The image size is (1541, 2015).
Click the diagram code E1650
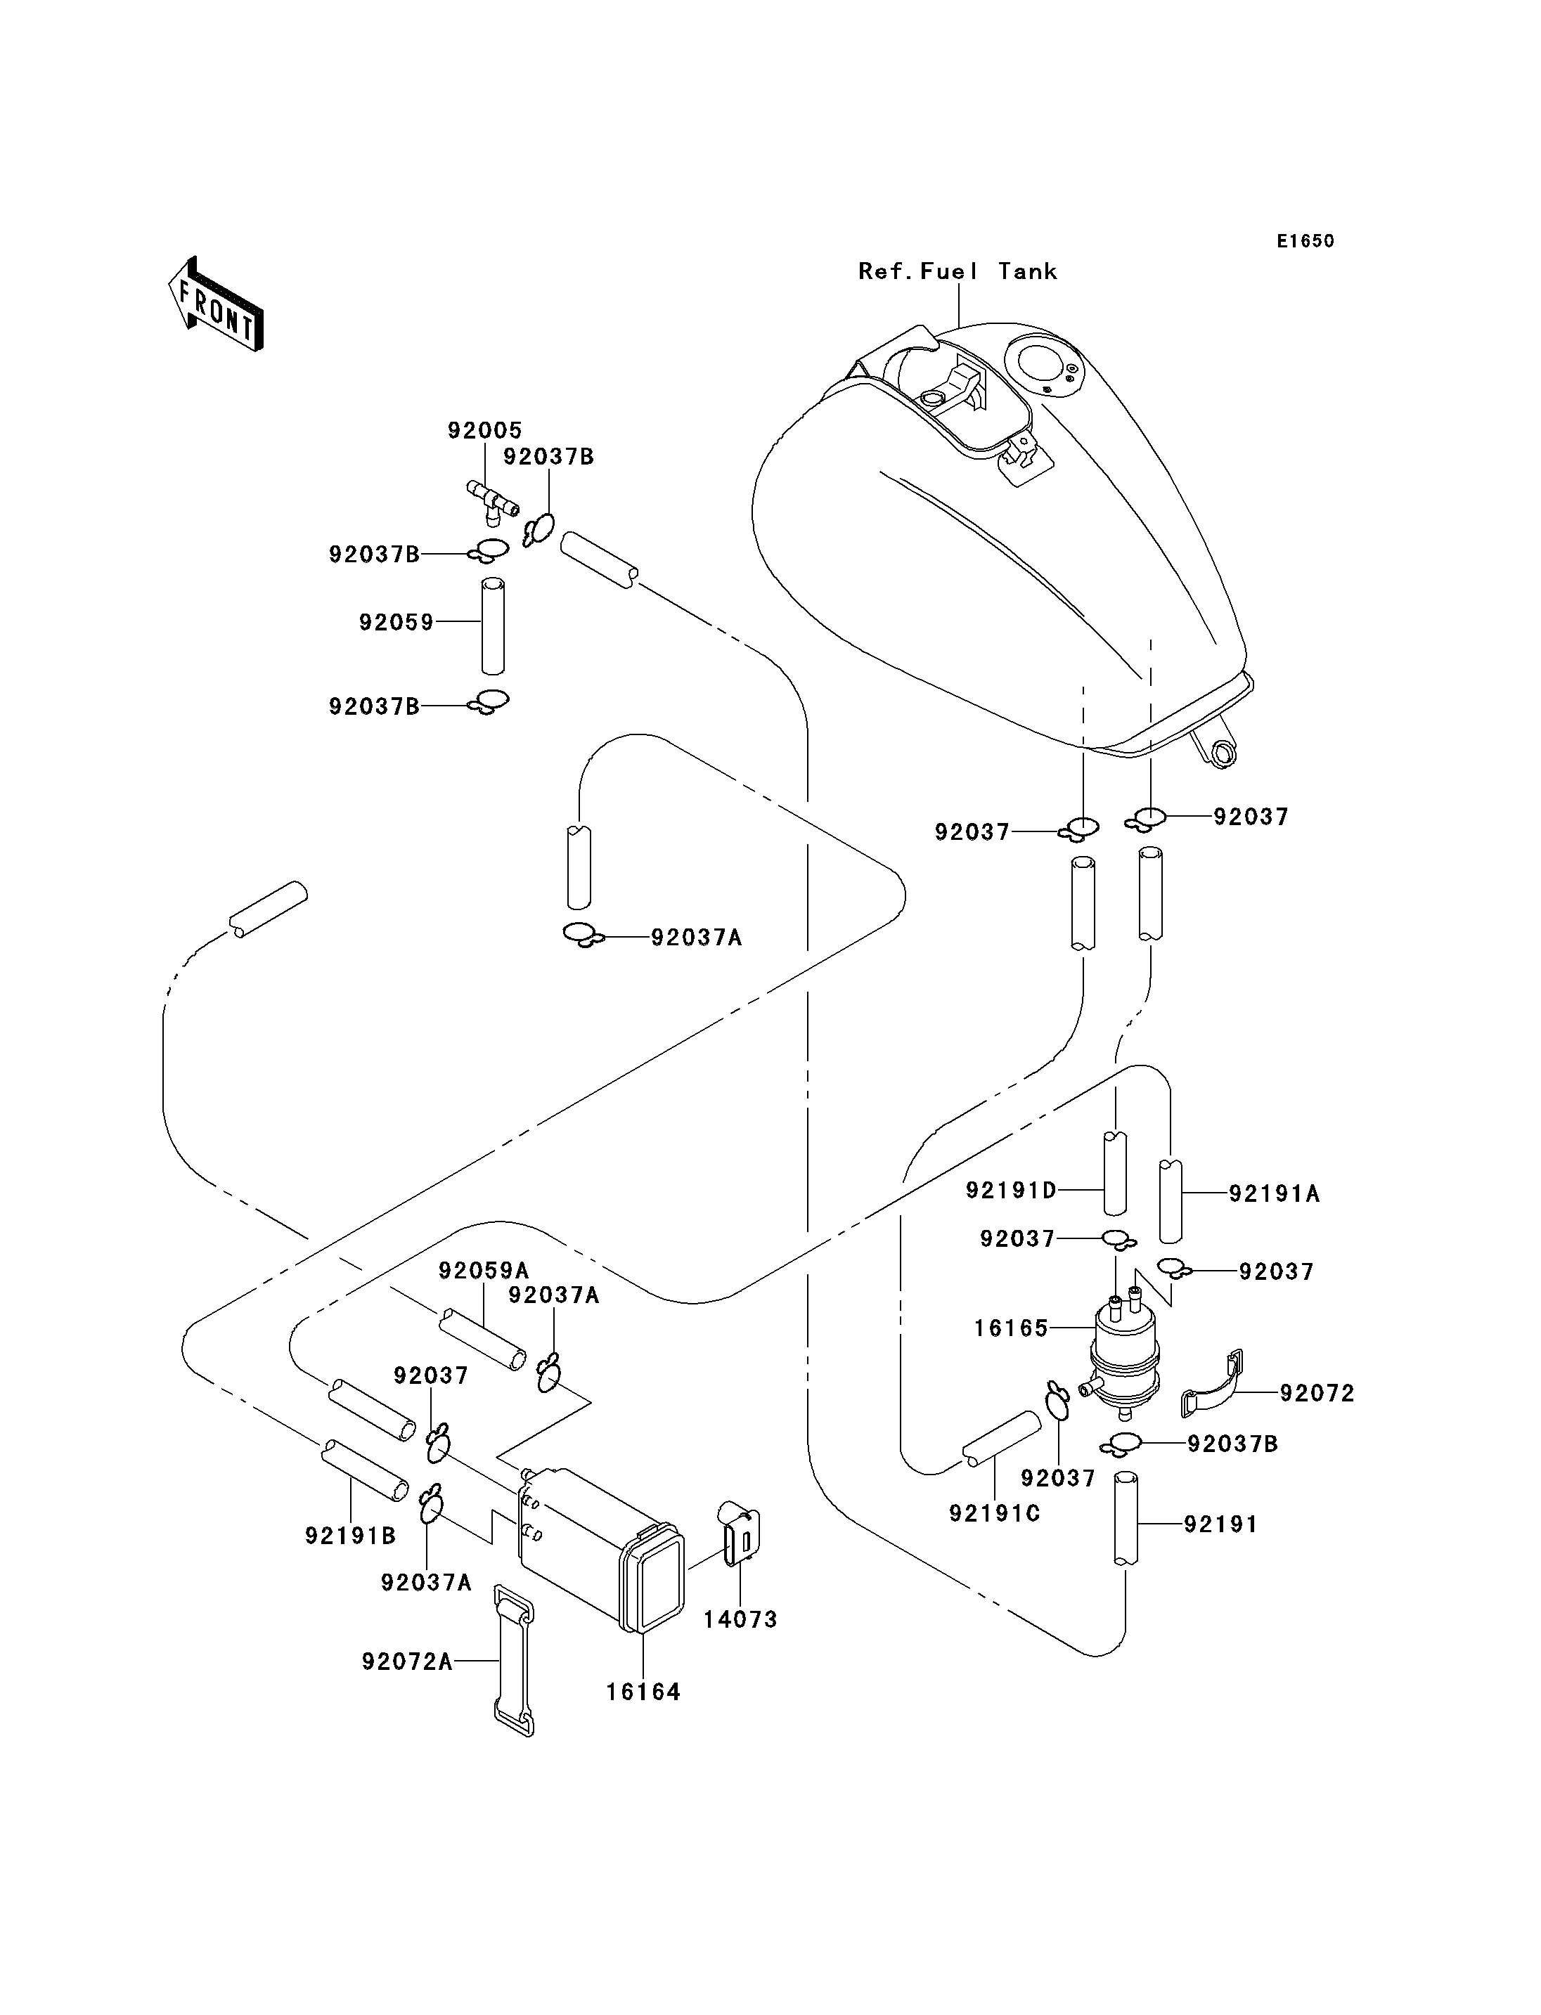(1305, 241)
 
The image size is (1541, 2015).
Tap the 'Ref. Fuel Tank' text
(958, 271)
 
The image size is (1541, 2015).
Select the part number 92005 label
(484, 430)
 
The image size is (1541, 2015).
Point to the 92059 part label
(396, 623)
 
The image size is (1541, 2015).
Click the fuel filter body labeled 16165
(1123, 1354)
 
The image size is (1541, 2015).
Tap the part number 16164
(643, 1692)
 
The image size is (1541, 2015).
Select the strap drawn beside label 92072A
(514, 1661)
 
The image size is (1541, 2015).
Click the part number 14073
(740, 1620)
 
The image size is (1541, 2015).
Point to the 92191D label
(1011, 1191)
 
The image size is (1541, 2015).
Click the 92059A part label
(484, 1271)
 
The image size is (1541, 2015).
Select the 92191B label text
(350, 1536)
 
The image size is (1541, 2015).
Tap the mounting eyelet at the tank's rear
(1224, 753)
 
